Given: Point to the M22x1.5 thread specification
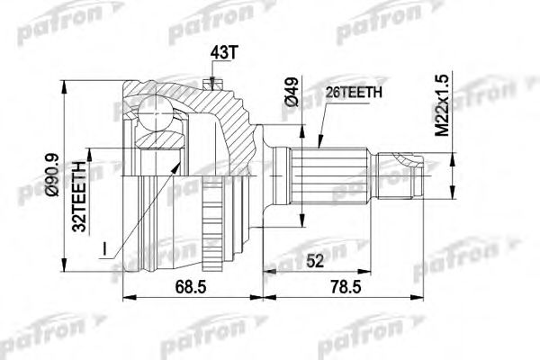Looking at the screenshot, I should click(440, 106).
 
